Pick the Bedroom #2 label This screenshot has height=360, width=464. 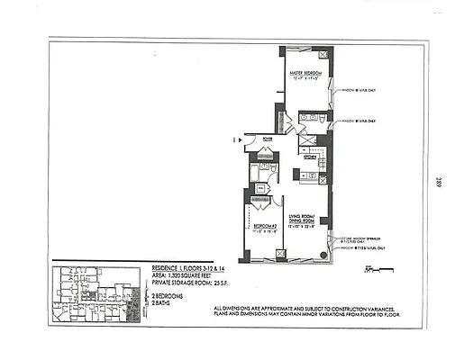click(263, 225)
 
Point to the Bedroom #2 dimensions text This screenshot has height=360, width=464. click(262, 231)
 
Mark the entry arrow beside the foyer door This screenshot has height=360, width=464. click(236, 140)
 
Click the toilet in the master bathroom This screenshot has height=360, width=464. click(305, 118)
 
